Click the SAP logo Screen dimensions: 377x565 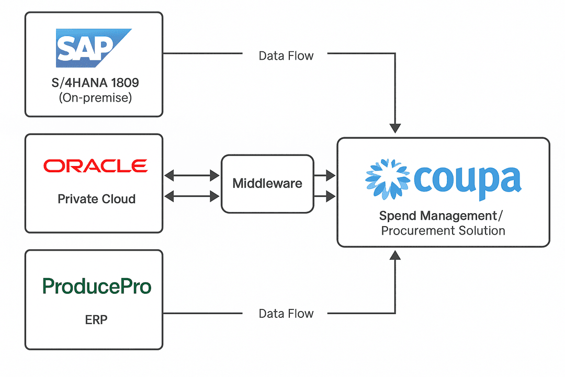93,48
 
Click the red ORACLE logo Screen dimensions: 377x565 95,166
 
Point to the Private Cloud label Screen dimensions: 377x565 96,199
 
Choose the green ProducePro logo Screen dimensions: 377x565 96,286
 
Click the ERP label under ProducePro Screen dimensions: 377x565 96,319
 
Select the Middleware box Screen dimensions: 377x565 267,183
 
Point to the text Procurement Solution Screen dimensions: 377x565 443,230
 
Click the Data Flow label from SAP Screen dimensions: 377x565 286,56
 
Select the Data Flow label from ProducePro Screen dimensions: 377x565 286,314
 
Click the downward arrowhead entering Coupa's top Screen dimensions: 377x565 395,128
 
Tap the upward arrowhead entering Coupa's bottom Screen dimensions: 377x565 395,255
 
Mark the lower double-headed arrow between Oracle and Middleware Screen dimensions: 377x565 192,196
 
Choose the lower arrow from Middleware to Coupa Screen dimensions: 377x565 325,196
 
